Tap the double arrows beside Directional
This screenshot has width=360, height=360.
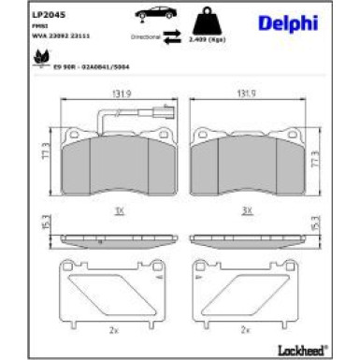171,37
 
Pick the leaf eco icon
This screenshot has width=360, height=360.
41,60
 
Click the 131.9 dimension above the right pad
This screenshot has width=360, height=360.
247,93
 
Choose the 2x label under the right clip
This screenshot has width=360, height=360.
247,329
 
